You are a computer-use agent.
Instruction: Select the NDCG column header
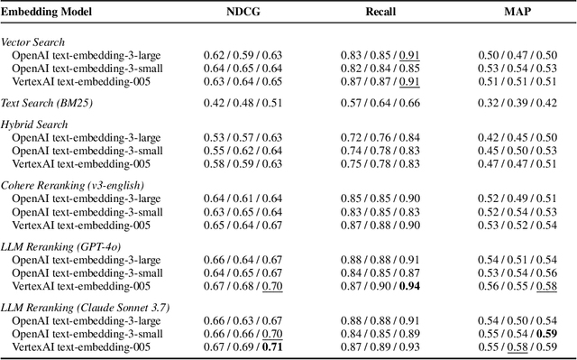245,14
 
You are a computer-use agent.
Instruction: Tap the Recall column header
380,14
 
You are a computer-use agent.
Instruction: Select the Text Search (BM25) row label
46,102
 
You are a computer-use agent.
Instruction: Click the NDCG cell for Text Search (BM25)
246,102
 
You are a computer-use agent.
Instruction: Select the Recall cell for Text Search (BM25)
380,102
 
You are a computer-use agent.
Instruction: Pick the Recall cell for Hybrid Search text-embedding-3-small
380,151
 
